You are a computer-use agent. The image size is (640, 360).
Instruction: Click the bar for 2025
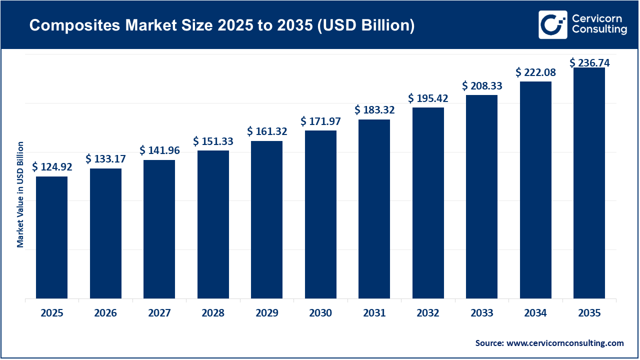coord(51,237)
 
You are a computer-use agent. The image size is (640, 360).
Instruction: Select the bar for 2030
coord(320,215)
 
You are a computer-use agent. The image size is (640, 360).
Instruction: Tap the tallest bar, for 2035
coord(589,183)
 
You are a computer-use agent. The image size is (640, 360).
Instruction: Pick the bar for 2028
coord(213,225)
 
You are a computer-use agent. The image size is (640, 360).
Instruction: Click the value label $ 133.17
coord(105,159)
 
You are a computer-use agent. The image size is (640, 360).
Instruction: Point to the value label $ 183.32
coord(374,110)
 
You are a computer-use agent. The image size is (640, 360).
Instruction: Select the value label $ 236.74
coord(589,63)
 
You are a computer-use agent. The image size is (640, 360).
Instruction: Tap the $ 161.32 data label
coord(267,131)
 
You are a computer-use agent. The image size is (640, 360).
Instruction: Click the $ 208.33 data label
coord(482,86)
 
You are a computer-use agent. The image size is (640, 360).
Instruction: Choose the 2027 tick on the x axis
coord(159,313)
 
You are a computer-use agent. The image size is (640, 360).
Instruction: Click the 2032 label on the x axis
coord(428,313)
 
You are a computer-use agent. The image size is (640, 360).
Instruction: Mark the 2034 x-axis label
coord(535,313)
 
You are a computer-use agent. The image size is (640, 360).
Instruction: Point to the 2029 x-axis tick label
coord(267,313)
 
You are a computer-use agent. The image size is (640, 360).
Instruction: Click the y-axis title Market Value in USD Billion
coord(20,194)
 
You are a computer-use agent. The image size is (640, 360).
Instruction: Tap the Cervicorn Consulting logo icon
coord(552,24)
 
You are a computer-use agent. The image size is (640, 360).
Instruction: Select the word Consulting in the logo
coord(599,30)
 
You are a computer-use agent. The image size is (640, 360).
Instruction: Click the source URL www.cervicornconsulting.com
coord(565,343)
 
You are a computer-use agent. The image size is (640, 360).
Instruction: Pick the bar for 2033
coord(481,197)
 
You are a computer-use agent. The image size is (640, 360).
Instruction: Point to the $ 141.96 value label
coord(159,150)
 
